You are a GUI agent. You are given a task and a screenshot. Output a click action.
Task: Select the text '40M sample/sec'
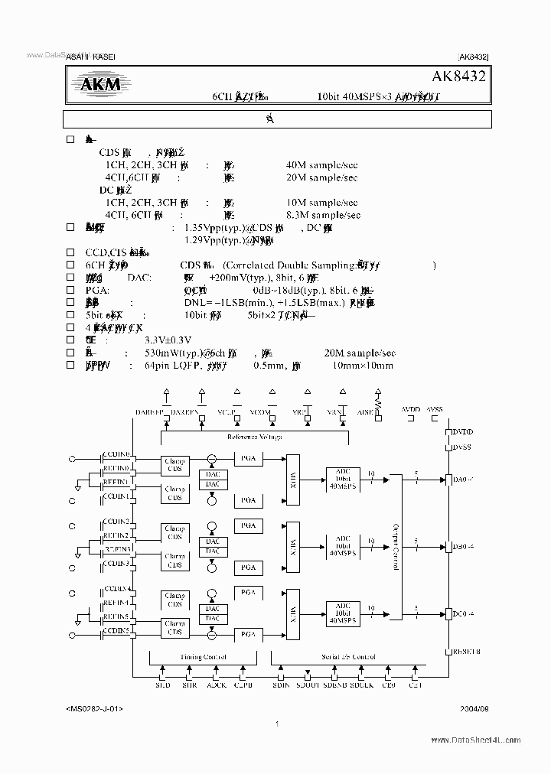point(321,164)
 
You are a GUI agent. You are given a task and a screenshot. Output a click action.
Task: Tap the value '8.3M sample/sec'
point(321,215)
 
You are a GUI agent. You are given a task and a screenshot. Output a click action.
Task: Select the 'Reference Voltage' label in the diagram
point(254,437)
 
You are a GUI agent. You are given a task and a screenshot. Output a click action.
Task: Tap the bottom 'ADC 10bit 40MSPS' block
point(343,614)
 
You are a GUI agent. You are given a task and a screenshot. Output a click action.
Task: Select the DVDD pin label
point(463,432)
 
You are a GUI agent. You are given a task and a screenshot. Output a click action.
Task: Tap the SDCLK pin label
point(363,686)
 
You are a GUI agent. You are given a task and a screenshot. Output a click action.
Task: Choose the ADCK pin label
point(217,686)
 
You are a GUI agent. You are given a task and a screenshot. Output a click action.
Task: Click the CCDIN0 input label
point(117,454)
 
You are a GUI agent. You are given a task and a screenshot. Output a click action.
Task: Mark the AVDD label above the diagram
point(411,409)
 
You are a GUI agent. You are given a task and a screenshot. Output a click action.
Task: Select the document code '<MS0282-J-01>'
point(94,709)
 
